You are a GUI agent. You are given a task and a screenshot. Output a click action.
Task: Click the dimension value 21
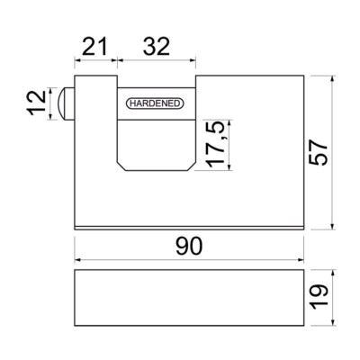tap(94, 47)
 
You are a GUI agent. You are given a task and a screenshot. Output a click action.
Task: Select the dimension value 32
tap(157, 47)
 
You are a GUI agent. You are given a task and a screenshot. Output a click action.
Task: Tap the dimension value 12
tap(37, 103)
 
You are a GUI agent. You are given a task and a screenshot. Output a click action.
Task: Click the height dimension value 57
tap(319, 152)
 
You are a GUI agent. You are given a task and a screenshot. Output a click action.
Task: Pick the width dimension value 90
tap(189, 246)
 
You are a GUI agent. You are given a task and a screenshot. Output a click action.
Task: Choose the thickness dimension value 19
tap(319, 296)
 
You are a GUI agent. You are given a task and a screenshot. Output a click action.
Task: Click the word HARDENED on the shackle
tap(155, 103)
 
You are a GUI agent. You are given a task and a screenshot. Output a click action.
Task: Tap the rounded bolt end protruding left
tap(65, 103)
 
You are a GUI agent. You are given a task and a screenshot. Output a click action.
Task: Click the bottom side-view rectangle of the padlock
tap(189, 298)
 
